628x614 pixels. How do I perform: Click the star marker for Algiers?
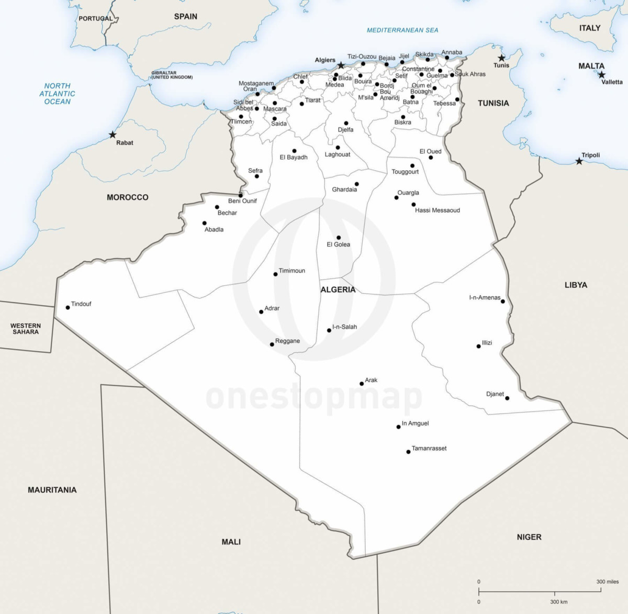tap(341, 65)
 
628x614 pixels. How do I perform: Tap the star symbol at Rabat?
tap(113, 135)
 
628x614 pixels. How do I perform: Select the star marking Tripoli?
tap(579, 161)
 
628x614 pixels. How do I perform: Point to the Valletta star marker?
tap(601, 74)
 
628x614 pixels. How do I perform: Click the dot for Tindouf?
tap(68, 307)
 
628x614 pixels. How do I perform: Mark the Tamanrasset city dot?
tap(408, 452)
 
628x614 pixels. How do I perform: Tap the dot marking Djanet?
tap(507, 398)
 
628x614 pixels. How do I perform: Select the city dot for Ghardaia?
tap(356, 184)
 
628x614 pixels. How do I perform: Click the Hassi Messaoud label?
tap(437, 210)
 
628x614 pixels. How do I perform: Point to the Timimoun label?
tap(291, 271)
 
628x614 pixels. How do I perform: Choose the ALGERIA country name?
tap(338, 289)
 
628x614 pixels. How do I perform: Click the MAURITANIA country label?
tap(52, 490)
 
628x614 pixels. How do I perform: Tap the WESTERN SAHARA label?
tap(25, 329)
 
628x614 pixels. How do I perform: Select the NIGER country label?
tap(529, 537)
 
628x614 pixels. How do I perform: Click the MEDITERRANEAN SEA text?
tap(402, 30)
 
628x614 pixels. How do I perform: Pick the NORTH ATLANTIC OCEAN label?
tap(57, 94)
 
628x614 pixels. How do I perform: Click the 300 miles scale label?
tap(607, 582)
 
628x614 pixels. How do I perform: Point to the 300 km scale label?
tap(558, 602)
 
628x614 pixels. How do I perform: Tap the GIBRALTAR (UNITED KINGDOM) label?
tap(172, 75)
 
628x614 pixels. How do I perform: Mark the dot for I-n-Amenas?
tap(503, 301)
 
